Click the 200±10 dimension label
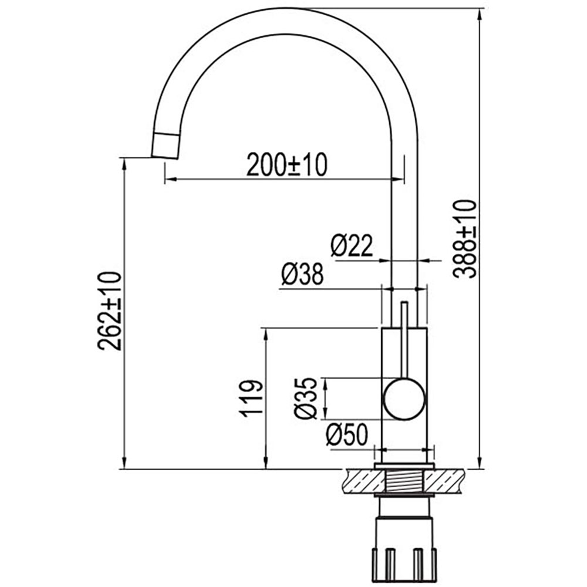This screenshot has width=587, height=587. click(x=287, y=165)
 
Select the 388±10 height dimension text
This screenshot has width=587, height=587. click(x=465, y=239)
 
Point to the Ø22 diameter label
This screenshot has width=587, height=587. click(x=352, y=245)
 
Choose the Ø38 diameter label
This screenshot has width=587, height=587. click(x=302, y=274)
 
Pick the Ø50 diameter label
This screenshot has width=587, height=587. click(x=347, y=434)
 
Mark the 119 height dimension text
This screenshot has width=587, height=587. click(x=251, y=399)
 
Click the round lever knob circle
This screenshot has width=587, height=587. click(x=404, y=399)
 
